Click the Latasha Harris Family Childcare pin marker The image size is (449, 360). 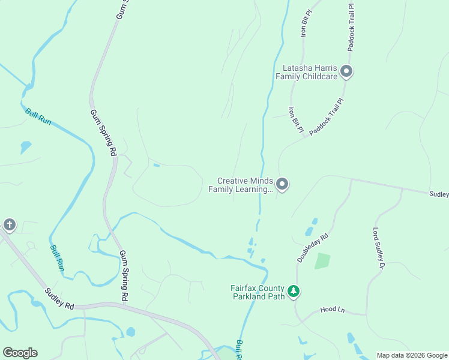346,71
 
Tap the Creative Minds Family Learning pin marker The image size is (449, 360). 282,184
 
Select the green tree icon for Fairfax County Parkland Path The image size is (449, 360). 294,292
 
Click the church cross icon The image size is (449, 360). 9,225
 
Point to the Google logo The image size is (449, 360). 20,353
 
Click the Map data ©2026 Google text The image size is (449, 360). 412,355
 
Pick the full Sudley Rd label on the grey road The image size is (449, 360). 59,298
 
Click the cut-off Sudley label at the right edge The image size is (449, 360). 439,194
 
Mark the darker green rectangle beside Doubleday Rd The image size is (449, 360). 322,261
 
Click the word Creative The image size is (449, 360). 233,181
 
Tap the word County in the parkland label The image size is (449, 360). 274,288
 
